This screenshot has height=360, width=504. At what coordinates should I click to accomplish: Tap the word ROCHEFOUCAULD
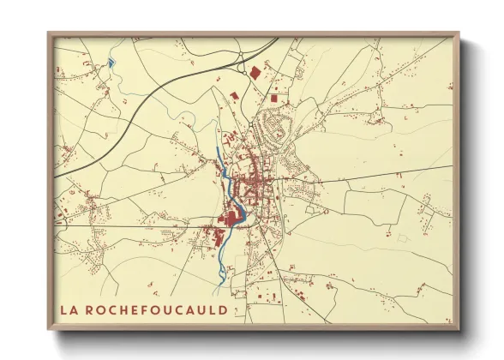(156, 309)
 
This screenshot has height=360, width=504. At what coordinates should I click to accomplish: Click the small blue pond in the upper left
(111, 63)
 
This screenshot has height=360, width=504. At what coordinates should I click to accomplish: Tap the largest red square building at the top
(254, 73)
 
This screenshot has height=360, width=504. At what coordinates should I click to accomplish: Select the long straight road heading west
(129, 227)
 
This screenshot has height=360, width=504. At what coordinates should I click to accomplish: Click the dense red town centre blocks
(253, 184)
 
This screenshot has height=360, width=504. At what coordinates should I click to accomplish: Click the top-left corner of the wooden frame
(50, 34)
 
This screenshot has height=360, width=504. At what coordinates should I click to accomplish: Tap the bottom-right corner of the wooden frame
(458, 329)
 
